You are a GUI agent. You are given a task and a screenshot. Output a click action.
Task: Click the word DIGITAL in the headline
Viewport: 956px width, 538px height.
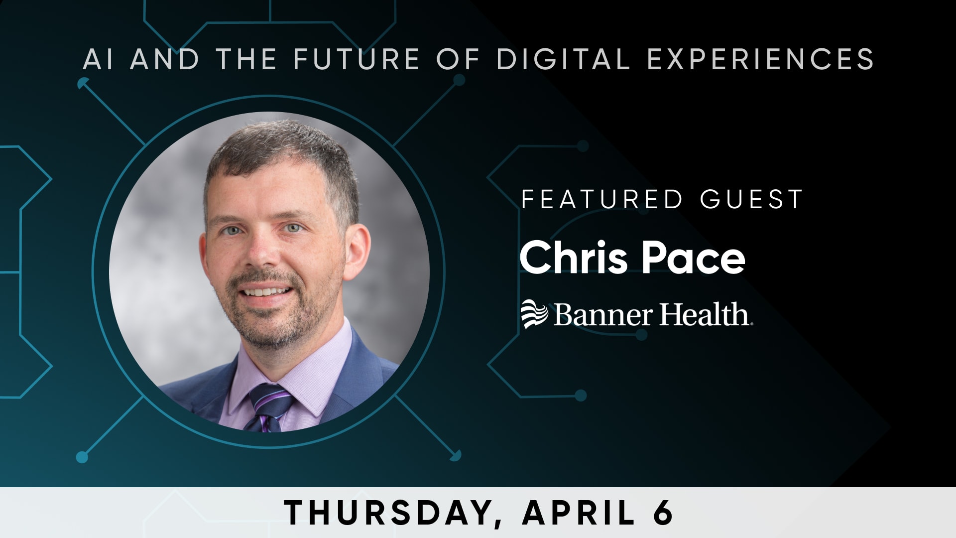tap(563, 59)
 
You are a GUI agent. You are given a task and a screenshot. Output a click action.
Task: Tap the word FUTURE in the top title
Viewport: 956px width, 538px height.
tap(357, 59)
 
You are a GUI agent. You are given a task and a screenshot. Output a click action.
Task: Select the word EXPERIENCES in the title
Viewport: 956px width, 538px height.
tap(760, 59)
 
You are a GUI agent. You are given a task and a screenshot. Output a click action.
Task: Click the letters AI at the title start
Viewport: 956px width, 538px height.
tap(98, 59)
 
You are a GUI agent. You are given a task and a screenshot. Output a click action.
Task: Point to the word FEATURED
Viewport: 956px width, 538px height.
tap(601, 199)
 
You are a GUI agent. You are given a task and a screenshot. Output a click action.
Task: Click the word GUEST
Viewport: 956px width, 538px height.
tap(751, 199)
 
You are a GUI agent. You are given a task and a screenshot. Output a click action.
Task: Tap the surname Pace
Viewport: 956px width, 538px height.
tap(693, 258)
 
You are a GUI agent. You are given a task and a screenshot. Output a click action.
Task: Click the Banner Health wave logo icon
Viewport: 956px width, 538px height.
tap(534, 314)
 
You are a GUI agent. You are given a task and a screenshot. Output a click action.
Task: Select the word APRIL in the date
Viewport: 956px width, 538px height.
tap(579, 512)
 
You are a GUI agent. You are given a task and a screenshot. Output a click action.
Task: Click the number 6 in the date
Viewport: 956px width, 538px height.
tap(663, 512)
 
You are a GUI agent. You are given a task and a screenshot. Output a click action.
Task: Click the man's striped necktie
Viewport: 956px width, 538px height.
tap(268, 407)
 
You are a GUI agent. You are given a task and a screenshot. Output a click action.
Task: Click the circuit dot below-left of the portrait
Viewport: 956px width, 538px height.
tap(82, 457)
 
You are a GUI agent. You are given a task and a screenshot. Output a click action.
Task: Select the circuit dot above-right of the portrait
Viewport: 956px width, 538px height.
tap(459, 80)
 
